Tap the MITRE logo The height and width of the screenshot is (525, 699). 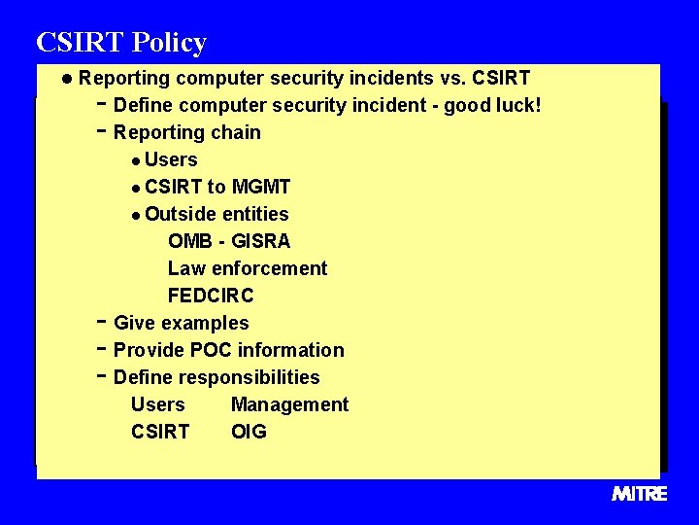coord(639,494)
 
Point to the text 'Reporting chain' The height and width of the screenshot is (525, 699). coord(187,132)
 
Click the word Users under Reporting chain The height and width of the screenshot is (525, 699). coord(171,159)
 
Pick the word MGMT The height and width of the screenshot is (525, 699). coord(261,187)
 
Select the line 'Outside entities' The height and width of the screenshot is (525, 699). coord(216,214)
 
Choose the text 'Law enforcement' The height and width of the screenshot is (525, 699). coord(248,268)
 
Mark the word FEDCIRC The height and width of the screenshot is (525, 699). coord(211,296)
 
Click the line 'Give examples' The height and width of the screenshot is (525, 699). coord(182,323)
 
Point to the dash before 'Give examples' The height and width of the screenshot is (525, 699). coord(102,321)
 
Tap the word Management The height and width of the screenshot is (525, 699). coord(289,404)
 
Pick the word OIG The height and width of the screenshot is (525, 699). coord(249,432)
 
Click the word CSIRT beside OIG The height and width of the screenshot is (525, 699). coord(160,432)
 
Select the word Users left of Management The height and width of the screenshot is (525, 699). coord(157,404)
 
